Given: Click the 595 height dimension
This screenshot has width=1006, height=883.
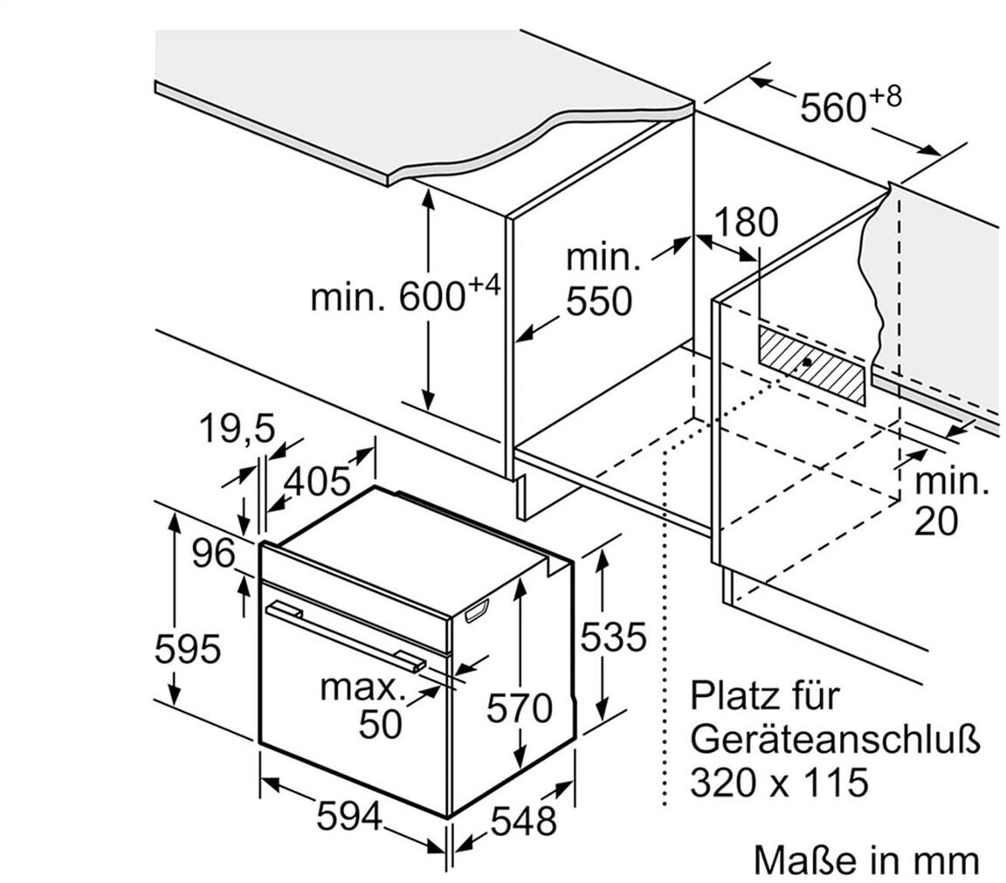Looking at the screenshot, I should (x=187, y=650).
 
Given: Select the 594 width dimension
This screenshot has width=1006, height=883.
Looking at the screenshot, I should (x=348, y=817).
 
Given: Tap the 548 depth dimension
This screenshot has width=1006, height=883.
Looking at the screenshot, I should (x=522, y=821).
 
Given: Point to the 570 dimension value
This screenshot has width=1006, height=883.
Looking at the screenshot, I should (x=520, y=708).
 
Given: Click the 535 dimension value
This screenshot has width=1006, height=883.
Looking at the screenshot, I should (x=613, y=637).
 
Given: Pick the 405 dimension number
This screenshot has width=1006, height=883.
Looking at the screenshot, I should (x=317, y=481).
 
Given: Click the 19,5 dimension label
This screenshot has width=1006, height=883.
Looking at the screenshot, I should (x=237, y=429).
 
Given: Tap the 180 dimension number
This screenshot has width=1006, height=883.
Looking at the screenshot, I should (x=745, y=224).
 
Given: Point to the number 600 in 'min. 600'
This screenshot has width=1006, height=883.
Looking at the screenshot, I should (x=431, y=298).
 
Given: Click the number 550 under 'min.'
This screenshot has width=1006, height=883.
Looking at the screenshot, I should (x=598, y=301).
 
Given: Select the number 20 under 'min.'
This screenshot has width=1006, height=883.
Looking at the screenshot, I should (x=936, y=521).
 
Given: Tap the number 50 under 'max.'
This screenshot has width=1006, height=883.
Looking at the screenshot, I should (x=381, y=724).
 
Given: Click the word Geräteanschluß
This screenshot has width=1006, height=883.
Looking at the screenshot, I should (x=835, y=739).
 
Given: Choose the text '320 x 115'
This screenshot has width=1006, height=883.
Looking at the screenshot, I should (x=779, y=782).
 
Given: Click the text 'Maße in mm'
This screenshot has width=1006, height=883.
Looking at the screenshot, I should (x=866, y=860).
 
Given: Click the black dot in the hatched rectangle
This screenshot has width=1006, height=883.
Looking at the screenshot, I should (x=807, y=361).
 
